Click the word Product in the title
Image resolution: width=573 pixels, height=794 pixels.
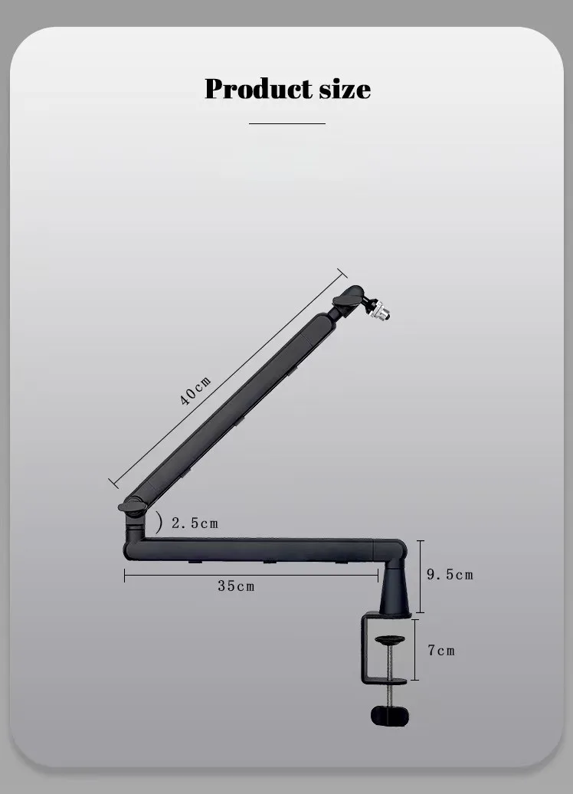258,89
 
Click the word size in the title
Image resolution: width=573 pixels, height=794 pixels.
345,89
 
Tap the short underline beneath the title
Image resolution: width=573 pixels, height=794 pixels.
287,123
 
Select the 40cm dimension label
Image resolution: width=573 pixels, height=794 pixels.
195,391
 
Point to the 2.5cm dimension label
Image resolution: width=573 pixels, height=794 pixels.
195,523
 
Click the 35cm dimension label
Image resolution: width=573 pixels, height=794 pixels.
236,586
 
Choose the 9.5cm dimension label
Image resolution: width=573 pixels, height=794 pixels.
450,574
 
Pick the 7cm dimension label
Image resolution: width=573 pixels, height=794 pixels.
441,650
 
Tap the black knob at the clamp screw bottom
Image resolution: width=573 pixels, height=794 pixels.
389,716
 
